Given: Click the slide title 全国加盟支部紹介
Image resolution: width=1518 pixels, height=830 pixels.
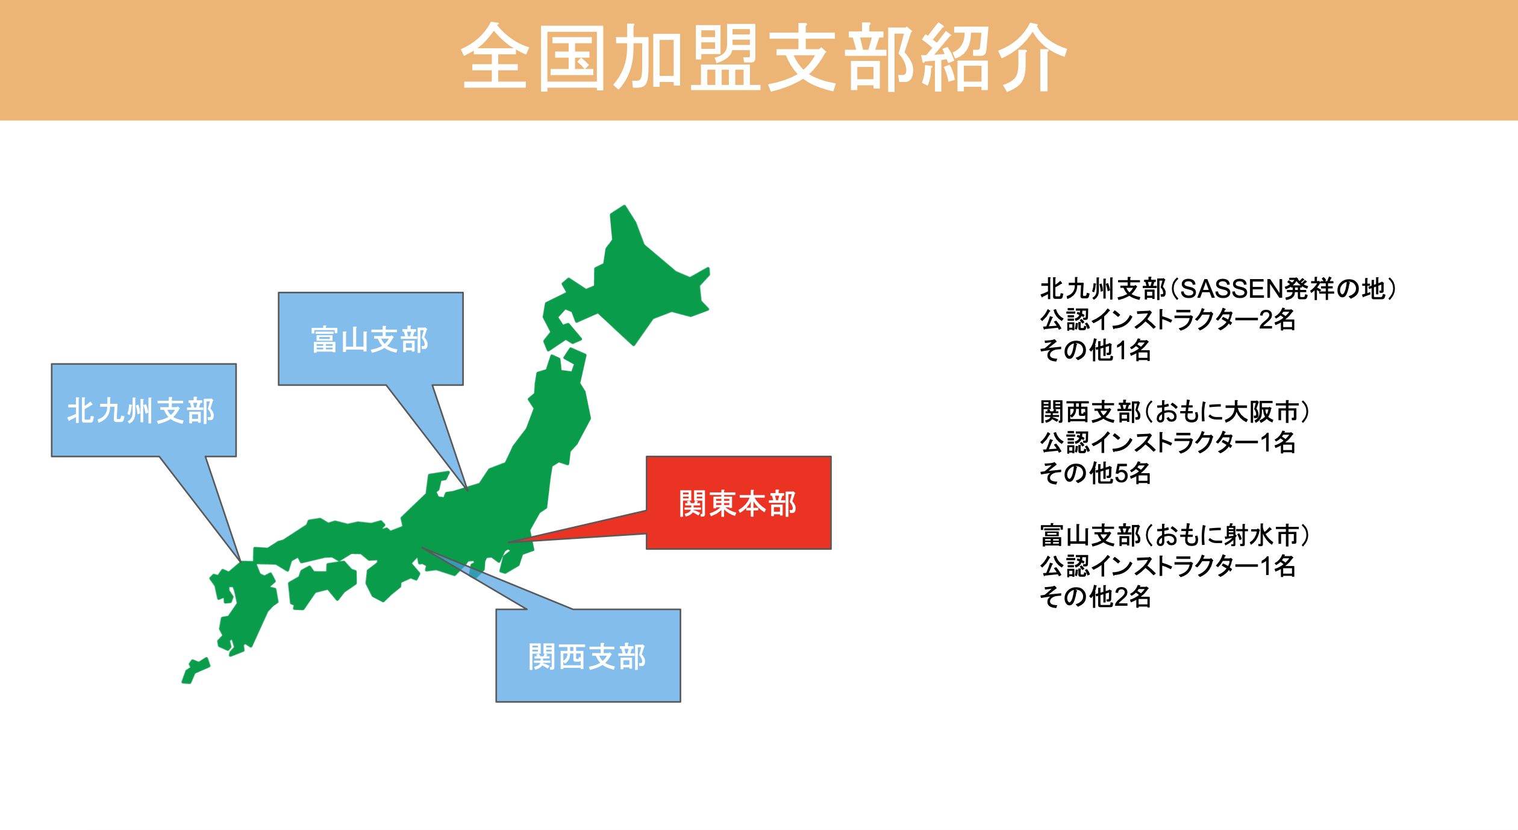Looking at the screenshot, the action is point(764,57).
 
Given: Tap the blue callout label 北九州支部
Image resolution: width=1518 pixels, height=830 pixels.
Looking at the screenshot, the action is point(141,411).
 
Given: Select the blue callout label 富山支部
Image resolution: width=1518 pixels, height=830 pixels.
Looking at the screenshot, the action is point(370,340).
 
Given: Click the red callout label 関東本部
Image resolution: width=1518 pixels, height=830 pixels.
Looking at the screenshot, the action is point(738,504).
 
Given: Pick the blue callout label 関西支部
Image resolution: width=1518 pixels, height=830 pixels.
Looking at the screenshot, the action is point(587,657).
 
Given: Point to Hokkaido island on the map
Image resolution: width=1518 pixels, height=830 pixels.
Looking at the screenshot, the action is point(639,283).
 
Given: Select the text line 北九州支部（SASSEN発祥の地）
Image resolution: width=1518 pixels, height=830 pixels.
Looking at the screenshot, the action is point(1217,289).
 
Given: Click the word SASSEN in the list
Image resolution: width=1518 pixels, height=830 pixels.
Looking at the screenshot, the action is point(1231,289).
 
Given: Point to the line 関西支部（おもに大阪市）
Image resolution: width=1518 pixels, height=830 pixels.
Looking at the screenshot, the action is point(1175,412).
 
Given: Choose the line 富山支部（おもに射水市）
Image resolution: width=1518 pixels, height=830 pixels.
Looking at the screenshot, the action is point(1175,535).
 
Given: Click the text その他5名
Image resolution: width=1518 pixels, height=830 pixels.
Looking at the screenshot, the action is point(1096,473).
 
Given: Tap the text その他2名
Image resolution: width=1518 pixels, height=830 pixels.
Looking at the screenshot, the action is point(1096,597).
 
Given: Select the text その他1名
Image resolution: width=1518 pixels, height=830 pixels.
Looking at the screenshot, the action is point(1096,350).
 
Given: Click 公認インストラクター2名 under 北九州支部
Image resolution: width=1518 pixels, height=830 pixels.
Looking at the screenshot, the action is point(1168,319).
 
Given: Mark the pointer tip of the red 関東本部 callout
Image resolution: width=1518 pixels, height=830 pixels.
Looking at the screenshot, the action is point(508,542).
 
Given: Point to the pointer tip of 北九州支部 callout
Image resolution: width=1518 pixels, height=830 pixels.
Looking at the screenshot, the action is point(241,562).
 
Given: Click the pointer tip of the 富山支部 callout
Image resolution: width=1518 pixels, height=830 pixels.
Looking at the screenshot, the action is point(467,490).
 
